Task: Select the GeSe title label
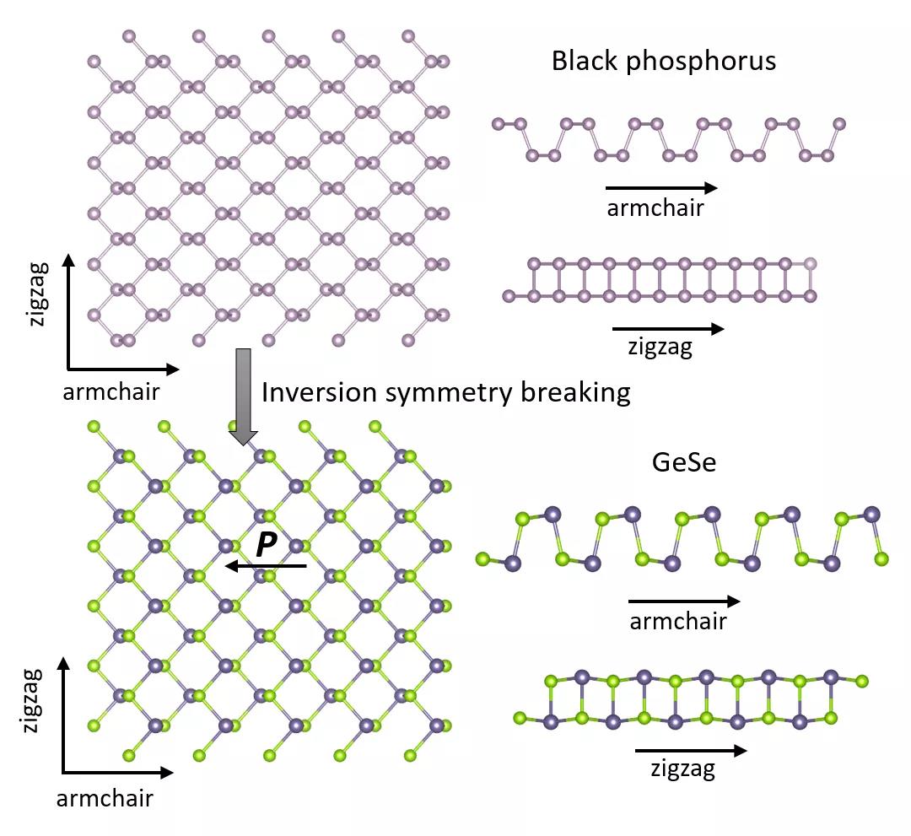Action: (683, 462)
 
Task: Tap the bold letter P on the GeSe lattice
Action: (266, 545)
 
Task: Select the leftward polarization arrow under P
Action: (265, 566)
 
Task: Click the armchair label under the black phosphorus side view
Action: (655, 208)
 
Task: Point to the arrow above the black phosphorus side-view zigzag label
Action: (667, 329)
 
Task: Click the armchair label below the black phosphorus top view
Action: (111, 391)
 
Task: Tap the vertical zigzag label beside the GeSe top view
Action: (32, 700)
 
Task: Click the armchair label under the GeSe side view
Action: (678, 623)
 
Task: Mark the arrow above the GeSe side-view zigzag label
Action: (691, 750)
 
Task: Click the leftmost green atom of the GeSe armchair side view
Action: (483, 558)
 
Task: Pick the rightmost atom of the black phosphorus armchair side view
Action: (838, 124)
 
